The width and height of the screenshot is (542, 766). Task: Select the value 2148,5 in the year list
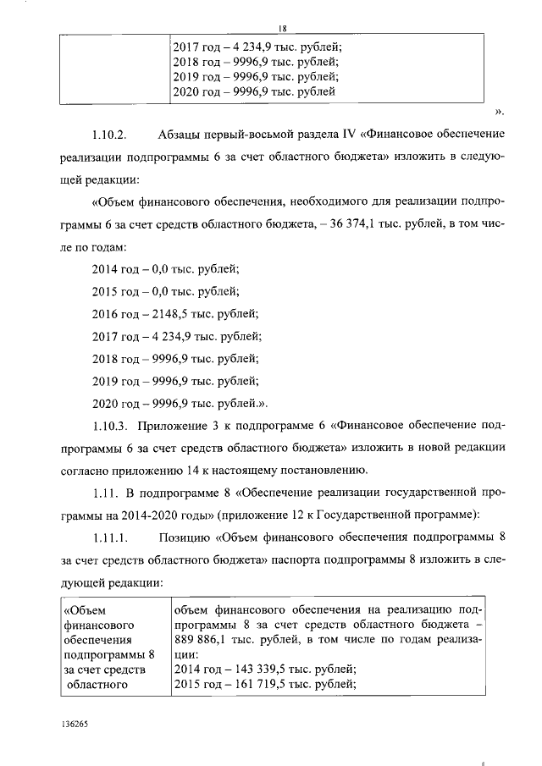pyautogui.click(x=170, y=313)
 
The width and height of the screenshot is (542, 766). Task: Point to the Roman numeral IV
pyautogui.click(x=340, y=135)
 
